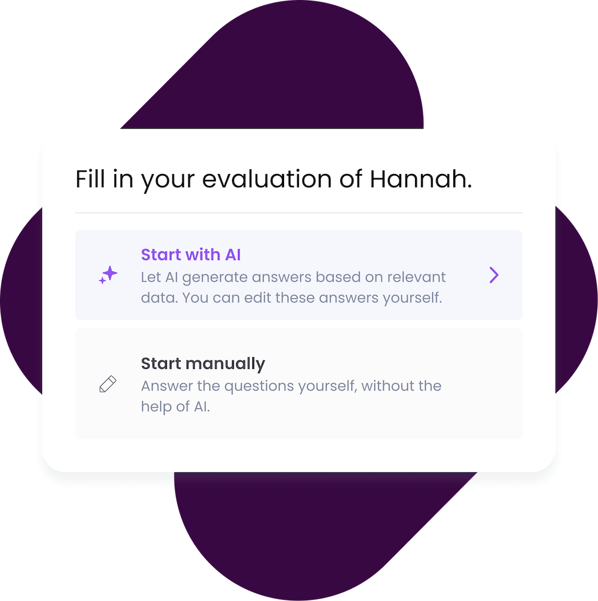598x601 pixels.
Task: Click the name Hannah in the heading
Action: (419, 179)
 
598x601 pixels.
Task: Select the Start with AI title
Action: (191, 255)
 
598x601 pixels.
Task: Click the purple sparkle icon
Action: (108, 275)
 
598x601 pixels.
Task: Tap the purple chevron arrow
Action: (493, 275)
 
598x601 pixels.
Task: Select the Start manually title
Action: (203, 364)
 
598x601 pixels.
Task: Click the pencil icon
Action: (108, 385)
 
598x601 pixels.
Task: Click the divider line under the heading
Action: (298, 213)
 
